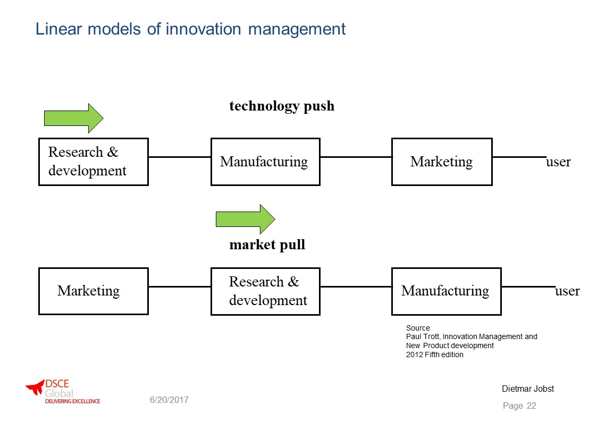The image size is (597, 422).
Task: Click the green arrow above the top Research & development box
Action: point(73,118)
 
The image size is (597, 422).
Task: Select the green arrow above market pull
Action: point(245,219)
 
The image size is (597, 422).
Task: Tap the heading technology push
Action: point(282,106)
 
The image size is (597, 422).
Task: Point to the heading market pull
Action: point(267,245)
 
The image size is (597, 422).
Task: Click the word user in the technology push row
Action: point(558,162)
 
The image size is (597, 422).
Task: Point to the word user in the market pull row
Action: point(567,291)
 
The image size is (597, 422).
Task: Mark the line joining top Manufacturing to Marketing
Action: point(356,157)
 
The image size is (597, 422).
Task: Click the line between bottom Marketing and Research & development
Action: point(180,286)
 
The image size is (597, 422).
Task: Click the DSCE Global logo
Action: point(63,391)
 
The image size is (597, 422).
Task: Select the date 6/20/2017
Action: point(169,400)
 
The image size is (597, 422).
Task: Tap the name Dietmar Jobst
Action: point(528,389)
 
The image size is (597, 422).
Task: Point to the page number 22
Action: point(532,406)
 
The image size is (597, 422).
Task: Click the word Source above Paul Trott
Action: point(418,328)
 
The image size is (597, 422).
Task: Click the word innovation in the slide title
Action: point(203,29)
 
